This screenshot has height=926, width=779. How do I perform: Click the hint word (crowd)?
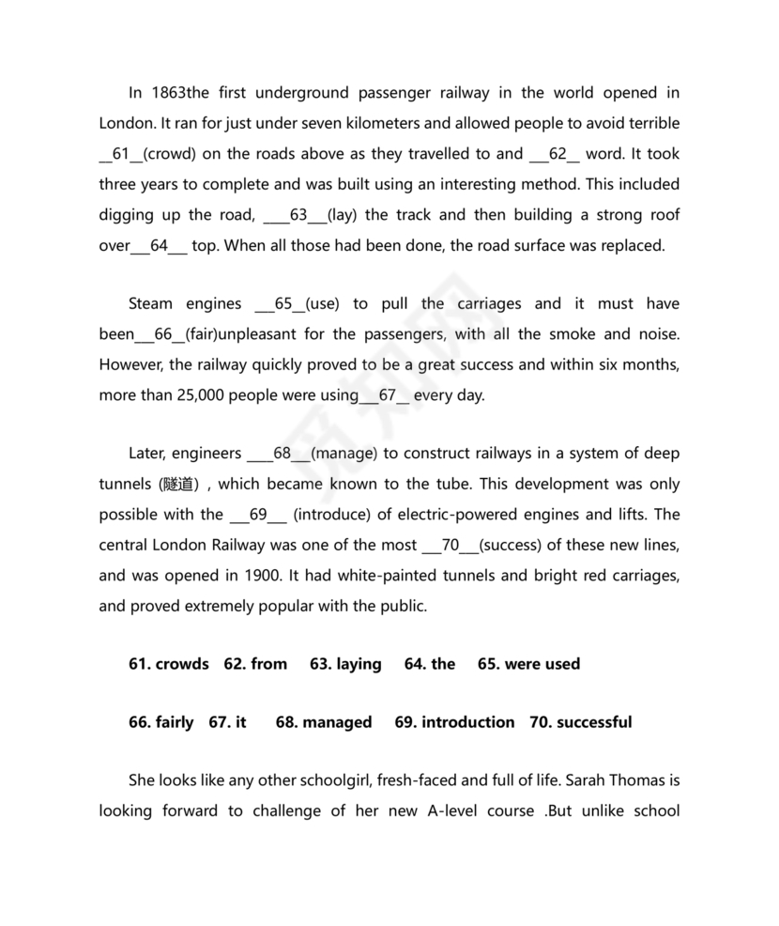pyautogui.click(x=170, y=154)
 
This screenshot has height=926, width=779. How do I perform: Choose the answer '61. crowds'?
pyautogui.click(x=168, y=664)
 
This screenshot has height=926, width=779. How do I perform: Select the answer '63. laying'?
pyautogui.click(x=345, y=664)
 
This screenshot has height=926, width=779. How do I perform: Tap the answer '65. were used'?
pyautogui.click(x=528, y=664)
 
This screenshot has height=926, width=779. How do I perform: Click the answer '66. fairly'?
pyautogui.click(x=160, y=722)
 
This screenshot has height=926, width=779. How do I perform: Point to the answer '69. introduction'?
pyautogui.click(x=454, y=722)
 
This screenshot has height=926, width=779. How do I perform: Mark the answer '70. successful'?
pyautogui.click(x=581, y=722)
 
